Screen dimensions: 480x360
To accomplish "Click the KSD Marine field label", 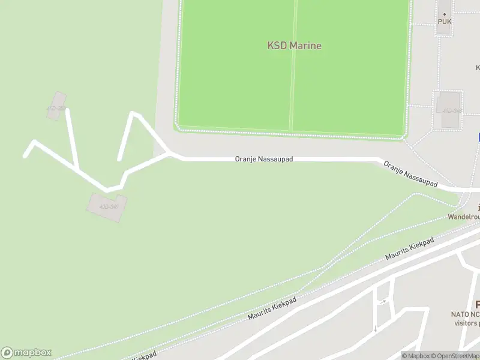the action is click(294, 46).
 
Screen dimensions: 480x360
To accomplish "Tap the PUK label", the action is click(445, 22).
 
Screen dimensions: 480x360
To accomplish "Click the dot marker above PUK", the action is click(445, 13).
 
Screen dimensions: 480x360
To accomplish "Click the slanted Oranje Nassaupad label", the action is click(410, 174).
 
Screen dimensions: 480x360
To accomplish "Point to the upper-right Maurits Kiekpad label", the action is click(409, 250).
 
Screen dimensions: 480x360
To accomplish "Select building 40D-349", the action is click(107, 206).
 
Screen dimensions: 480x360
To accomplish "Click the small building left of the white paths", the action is click(56, 106).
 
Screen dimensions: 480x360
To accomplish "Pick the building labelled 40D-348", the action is click(451, 110).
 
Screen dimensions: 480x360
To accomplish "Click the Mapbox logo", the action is click(26, 353).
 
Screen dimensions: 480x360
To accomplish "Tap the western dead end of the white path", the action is click(25, 156).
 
